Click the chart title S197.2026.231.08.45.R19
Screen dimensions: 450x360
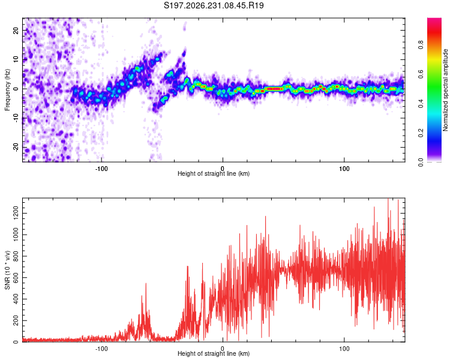click(214, 5)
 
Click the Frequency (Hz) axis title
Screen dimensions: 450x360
click(7, 90)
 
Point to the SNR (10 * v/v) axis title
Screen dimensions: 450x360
click(7, 270)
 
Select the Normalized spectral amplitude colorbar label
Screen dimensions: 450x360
click(445, 90)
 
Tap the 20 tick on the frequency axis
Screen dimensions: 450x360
click(16, 30)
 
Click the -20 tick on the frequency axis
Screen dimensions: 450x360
click(16, 147)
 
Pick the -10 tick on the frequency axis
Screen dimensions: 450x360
click(16, 118)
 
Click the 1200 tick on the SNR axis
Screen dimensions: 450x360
click(16, 214)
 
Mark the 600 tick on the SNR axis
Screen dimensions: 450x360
click(16, 278)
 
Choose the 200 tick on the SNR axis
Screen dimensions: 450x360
click(16, 320)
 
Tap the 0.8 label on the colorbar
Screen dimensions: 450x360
click(421, 45)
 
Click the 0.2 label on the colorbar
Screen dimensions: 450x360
click(421, 133)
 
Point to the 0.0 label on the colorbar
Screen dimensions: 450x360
click(421, 163)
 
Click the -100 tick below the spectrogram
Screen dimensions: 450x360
click(101, 169)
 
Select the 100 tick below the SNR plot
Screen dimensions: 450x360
click(344, 349)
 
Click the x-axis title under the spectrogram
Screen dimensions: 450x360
click(214, 173)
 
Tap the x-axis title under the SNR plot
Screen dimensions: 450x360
click(214, 353)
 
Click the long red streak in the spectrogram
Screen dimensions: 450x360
click(274, 89)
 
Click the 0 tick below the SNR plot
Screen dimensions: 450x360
click(223, 349)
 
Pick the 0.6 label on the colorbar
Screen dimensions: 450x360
click(421, 74)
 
